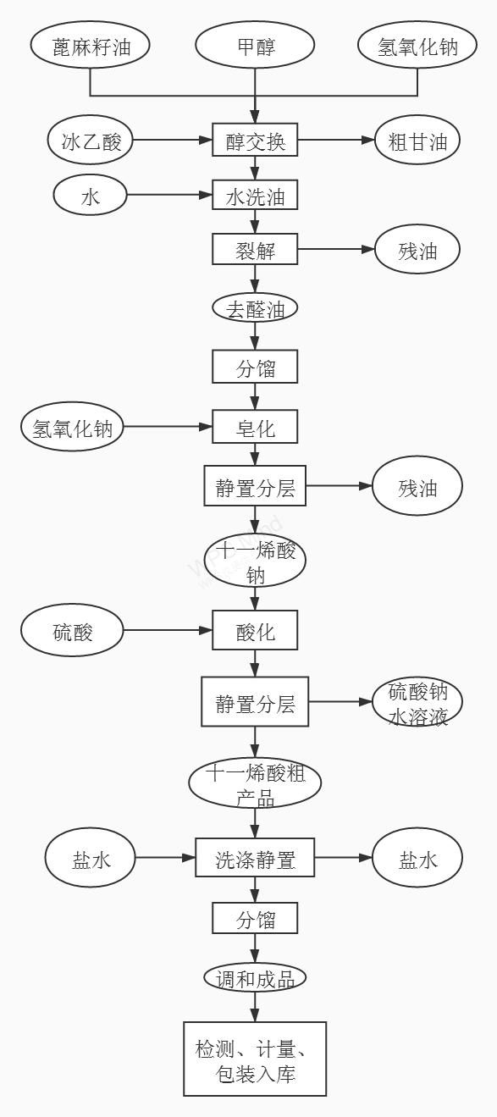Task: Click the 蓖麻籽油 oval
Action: pyautogui.click(x=91, y=46)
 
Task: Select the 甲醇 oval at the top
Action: pyautogui.click(x=255, y=46)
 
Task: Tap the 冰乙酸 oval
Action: pyautogui.click(x=91, y=140)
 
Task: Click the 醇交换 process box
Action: pyautogui.click(x=255, y=140)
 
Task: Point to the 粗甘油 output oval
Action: pyautogui.click(x=417, y=140)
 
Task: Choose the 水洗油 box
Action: pyautogui.click(x=255, y=195)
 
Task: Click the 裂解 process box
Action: pyautogui.click(x=255, y=249)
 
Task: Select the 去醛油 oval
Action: pyautogui.click(x=255, y=308)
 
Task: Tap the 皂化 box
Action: pyautogui.click(x=255, y=427)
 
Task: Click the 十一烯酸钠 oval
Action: pyautogui.click(x=255, y=561)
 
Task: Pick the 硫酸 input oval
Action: pyautogui.click(x=72, y=631)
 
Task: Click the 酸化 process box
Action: pyautogui.click(x=255, y=630)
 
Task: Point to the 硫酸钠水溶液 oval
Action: pyautogui.click(x=417, y=701)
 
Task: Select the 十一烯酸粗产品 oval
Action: pyautogui.click(x=255, y=782)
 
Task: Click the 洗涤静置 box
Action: pyautogui.click(x=255, y=858)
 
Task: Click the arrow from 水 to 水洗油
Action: pyautogui.click(x=169, y=195)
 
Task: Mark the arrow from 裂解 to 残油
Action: pyautogui.click(x=336, y=249)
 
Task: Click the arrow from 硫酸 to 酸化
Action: pyautogui.click(x=168, y=631)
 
